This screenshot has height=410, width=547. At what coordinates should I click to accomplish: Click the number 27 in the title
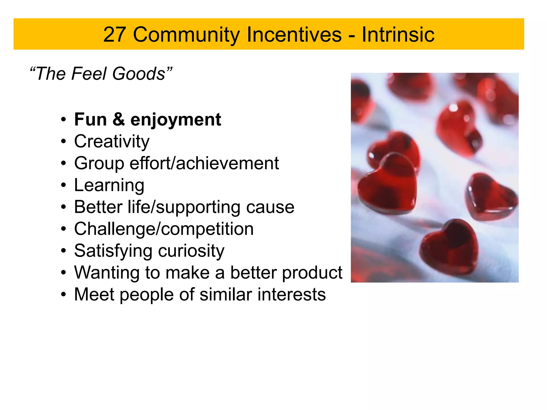point(115,35)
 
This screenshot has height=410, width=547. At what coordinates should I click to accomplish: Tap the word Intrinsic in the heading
point(398,35)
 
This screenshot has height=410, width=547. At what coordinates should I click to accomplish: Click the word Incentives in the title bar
point(294,35)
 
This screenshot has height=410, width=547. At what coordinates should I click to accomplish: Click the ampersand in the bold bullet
point(119,119)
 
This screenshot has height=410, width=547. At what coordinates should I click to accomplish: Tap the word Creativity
point(112,141)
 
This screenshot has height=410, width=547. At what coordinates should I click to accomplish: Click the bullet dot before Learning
point(63,185)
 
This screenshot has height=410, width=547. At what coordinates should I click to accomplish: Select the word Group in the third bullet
point(99,164)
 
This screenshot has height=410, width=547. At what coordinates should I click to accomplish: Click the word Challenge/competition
point(164,229)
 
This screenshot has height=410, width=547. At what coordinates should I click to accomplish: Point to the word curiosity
point(191,251)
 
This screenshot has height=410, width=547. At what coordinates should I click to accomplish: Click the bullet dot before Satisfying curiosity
point(63,251)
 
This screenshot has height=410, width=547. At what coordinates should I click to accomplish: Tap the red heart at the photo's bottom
point(449,247)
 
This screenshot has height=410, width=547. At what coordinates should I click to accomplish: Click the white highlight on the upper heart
point(453,108)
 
